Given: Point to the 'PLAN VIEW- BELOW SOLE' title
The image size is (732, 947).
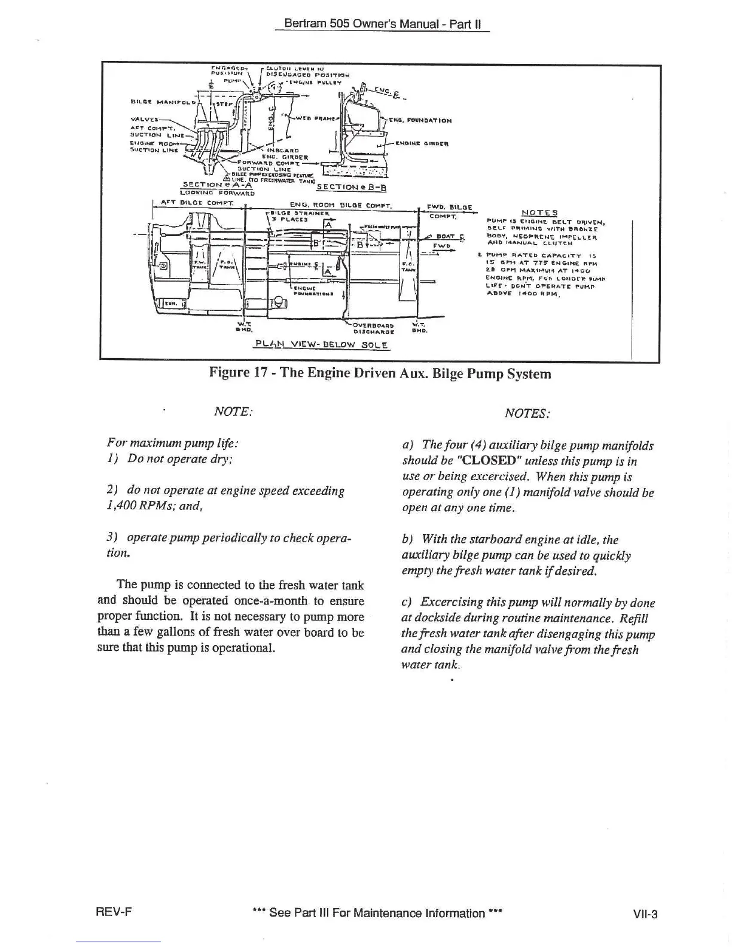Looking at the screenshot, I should click(x=322, y=345).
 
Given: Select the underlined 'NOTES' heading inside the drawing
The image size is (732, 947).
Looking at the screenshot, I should click(x=539, y=212).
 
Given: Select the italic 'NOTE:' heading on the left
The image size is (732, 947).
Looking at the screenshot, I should click(x=233, y=412).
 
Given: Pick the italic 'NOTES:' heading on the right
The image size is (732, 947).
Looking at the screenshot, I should click(x=527, y=413).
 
